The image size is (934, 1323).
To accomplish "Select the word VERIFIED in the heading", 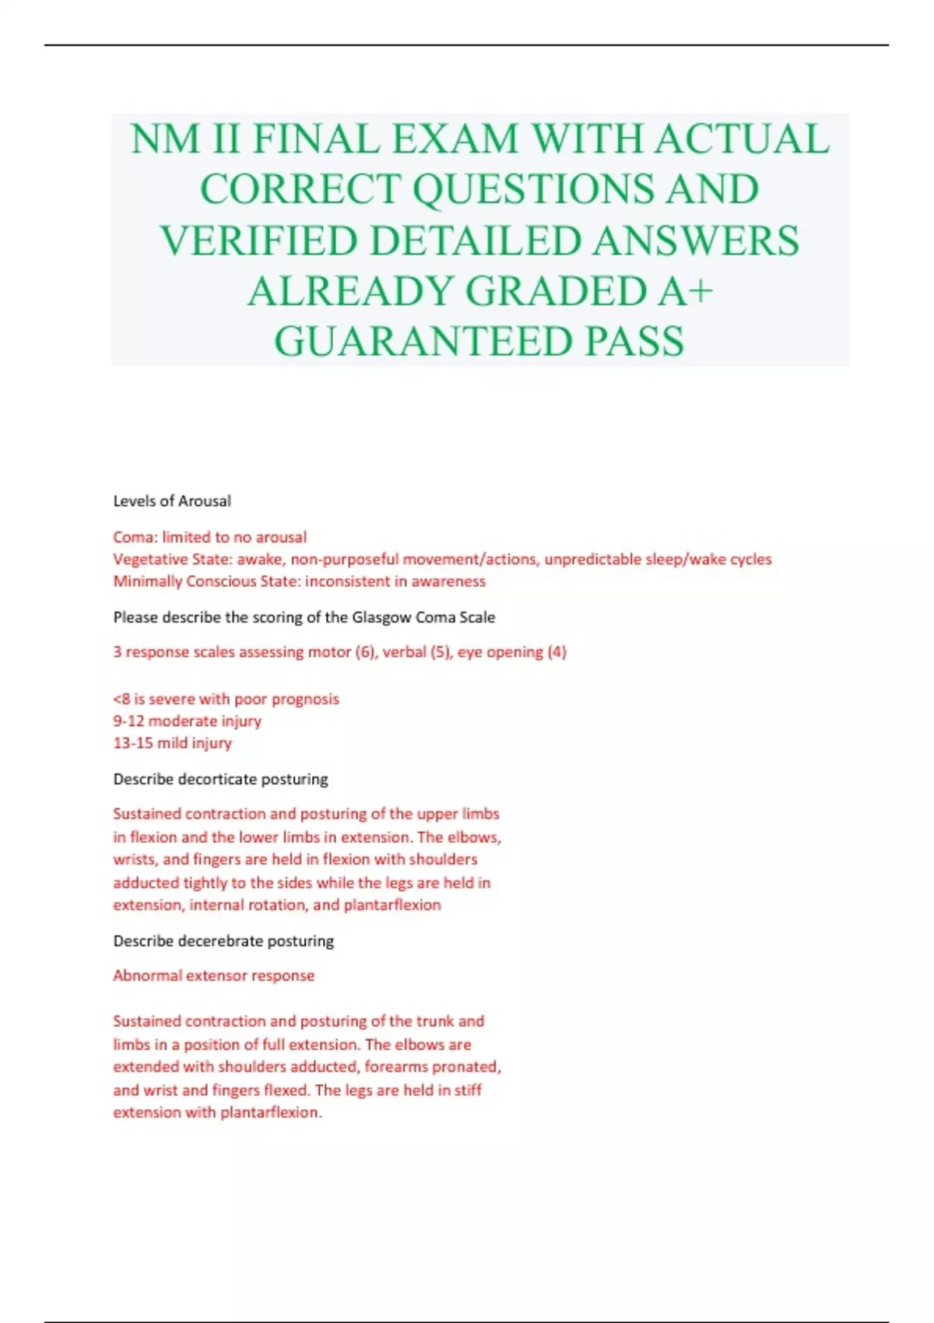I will [259, 240].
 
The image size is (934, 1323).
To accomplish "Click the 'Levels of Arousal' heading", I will [172, 501].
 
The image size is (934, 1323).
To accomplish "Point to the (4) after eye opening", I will [557, 652].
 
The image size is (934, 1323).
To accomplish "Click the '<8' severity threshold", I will [121, 699].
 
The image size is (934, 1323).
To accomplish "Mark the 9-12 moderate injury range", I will [128, 721].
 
